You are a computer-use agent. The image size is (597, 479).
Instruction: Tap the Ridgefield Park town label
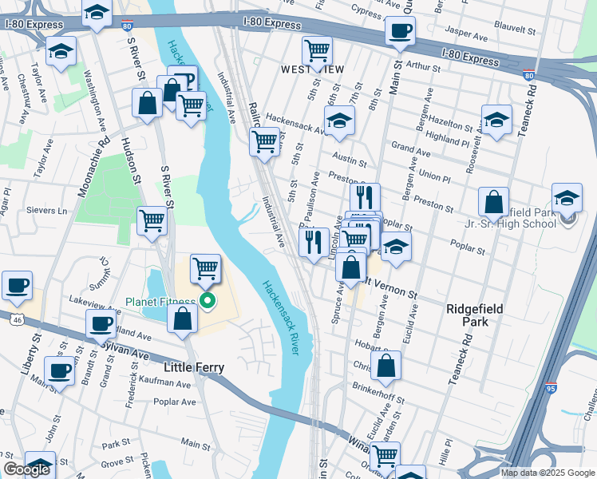click(465, 314)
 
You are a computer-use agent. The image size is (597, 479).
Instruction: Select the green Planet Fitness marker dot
click(208, 301)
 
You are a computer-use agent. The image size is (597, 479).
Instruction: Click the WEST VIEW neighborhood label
click(312, 69)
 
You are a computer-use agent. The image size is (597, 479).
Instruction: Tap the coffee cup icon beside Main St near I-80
click(399, 32)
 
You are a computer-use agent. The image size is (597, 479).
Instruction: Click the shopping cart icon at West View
click(318, 50)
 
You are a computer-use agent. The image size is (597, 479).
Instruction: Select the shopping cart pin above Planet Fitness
click(206, 268)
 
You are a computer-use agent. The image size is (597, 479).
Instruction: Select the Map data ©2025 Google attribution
click(547, 473)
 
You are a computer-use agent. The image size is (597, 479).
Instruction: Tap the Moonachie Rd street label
click(93, 172)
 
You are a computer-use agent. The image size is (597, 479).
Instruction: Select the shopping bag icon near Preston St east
click(494, 201)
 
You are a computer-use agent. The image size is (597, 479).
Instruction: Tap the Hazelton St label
click(455, 125)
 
